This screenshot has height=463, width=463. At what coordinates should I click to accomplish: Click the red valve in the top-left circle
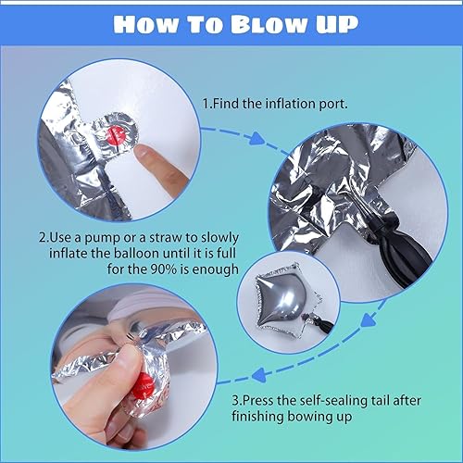tap(118, 136)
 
